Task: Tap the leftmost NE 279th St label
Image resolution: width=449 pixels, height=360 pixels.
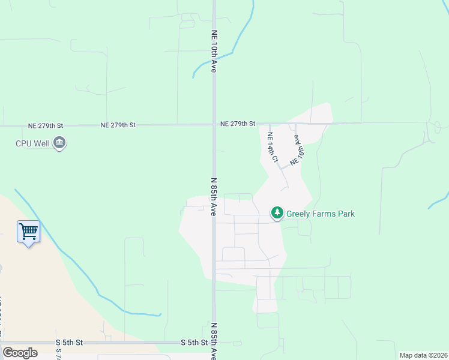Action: coord(46,126)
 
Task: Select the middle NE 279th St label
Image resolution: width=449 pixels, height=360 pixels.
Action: coord(118,125)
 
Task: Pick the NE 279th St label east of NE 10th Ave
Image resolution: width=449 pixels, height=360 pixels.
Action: coord(238,124)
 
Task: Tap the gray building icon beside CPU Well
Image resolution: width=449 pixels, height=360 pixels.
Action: coord(59,143)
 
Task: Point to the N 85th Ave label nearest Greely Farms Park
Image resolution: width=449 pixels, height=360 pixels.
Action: coord(213,196)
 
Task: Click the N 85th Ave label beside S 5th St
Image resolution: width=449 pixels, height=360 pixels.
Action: coord(213,340)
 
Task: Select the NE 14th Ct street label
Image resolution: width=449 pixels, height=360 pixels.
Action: coord(271,147)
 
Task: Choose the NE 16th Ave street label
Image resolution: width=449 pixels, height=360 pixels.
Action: coord(297,150)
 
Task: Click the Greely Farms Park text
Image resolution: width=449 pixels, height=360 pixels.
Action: coord(321,214)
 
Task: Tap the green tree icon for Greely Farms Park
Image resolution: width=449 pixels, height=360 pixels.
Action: coord(277,213)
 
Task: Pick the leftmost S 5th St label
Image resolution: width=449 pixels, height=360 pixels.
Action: coord(67,342)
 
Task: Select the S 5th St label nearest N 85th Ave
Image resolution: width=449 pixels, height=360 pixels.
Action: coord(194,343)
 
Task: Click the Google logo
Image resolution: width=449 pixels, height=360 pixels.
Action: coord(20,353)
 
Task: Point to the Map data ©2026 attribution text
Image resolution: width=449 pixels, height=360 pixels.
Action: coord(423,355)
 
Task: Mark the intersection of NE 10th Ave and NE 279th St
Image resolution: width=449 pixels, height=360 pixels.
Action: coord(214,125)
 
